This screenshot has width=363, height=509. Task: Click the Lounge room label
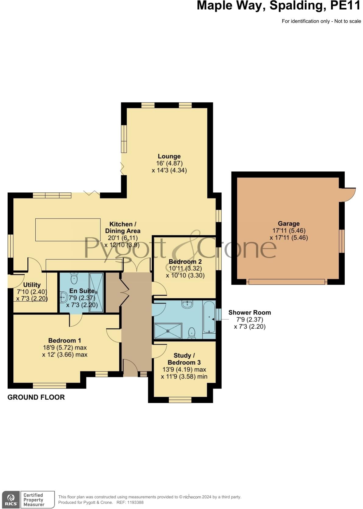click(x=169, y=156)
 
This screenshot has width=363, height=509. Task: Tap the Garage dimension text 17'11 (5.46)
click(x=289, y=231)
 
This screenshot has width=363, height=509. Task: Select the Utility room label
click(x=32, y=285)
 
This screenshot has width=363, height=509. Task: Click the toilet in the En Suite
click(x=74, y=279)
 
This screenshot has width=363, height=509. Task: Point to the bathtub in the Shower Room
click(x=209, y=317)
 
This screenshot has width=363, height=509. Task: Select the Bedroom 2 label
click(x=185, y=262)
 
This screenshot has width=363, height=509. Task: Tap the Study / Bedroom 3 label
click(x=184, y=359)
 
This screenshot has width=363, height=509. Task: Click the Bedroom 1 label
click(x=65, y=340)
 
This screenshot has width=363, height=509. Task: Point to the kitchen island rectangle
click(x=68, y=230)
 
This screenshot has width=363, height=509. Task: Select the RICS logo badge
click(x=11, y=500)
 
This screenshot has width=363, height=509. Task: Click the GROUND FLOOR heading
click(x=36, y=397)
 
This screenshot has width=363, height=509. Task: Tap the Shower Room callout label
click(x=249, y=312)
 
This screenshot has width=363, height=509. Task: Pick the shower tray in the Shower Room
click(x=168, y=331)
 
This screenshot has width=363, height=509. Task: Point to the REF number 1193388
click(x=136, y=502)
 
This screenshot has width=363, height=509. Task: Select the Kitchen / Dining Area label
click(x=122, y=227)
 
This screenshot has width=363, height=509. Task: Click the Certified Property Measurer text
click(x=34, y=500)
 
